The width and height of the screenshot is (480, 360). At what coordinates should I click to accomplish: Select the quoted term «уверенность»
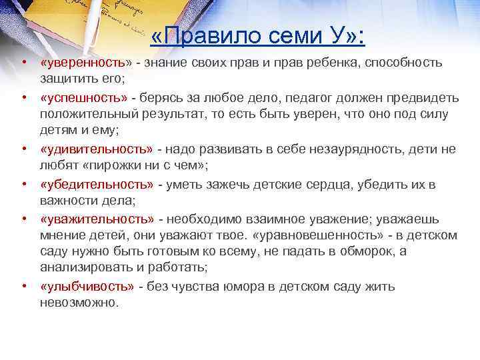click(x=83, y=63)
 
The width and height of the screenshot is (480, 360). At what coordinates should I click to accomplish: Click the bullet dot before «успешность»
click(x=23, y=97)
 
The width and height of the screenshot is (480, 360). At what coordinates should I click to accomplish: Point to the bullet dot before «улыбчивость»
click(x=23, y=286)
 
